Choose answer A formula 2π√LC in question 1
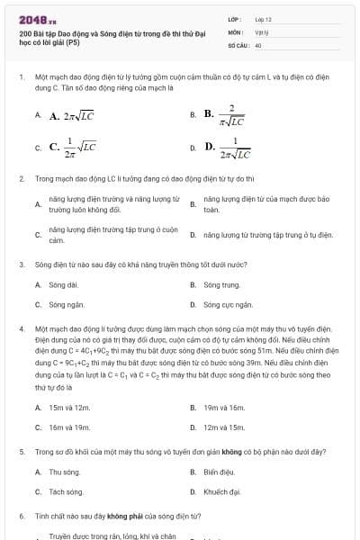pyautogui.click(x=67, y=115)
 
